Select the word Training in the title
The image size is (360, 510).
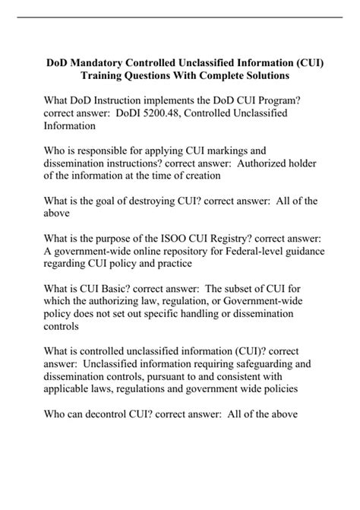tap(108, 77)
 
